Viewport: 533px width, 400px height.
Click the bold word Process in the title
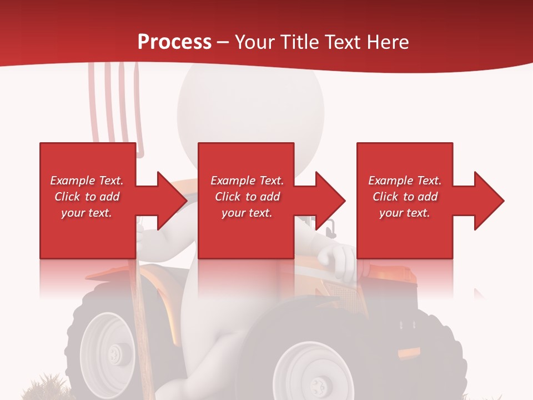click(174, 42)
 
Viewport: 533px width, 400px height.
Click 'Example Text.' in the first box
click(87, 181)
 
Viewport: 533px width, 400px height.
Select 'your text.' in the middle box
click(247, 213)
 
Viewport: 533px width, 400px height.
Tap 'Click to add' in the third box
click(405, 197)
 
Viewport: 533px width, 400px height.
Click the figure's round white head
click(250, 106)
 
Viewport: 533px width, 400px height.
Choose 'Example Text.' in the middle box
click(247, 181)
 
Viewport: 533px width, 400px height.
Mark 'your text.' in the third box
click(405, 213)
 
